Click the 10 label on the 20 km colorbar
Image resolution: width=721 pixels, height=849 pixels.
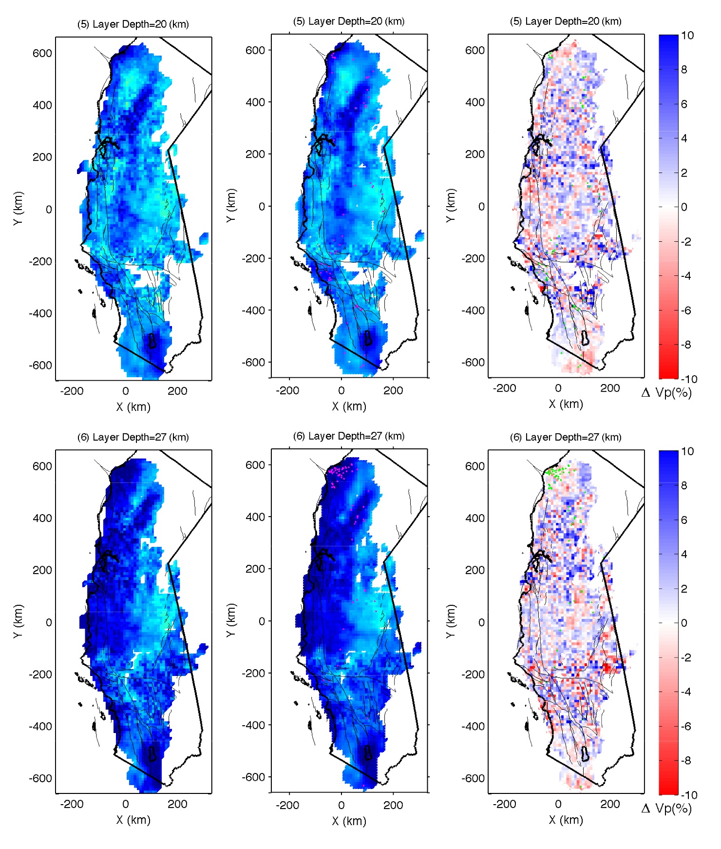(x=687, y=35)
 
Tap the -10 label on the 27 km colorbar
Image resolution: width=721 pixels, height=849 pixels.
(x=688, y=795)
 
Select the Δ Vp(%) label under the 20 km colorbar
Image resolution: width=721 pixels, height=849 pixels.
(x=666, y=393)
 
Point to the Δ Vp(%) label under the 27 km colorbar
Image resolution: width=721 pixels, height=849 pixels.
(x=666, y=809)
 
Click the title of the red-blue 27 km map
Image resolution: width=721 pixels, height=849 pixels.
(x=565, y=437)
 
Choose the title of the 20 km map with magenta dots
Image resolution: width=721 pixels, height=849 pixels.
(x=349, y=21)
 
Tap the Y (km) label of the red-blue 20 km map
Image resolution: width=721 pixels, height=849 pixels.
(x=451, y=206)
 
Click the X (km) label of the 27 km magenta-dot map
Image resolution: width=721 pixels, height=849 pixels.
(x=349, y=821)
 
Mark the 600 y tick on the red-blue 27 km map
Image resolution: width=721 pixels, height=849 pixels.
(x=474, y=466)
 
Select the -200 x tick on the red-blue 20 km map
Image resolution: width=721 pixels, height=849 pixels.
(x=504, y=388)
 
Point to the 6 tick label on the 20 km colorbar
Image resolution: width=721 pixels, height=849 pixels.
(x=684, y=104)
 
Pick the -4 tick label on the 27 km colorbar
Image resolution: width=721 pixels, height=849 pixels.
(x=686, y=692)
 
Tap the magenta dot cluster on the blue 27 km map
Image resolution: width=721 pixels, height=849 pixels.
(x=340, y=472)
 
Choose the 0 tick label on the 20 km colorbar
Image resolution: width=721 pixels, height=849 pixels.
(x=684, y=207)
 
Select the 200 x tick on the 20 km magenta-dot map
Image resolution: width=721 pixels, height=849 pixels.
(x=393, y=391)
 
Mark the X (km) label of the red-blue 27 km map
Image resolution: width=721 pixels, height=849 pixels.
(x=566, y=820)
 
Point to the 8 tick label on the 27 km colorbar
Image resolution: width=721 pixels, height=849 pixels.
(x=684, y=485)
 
